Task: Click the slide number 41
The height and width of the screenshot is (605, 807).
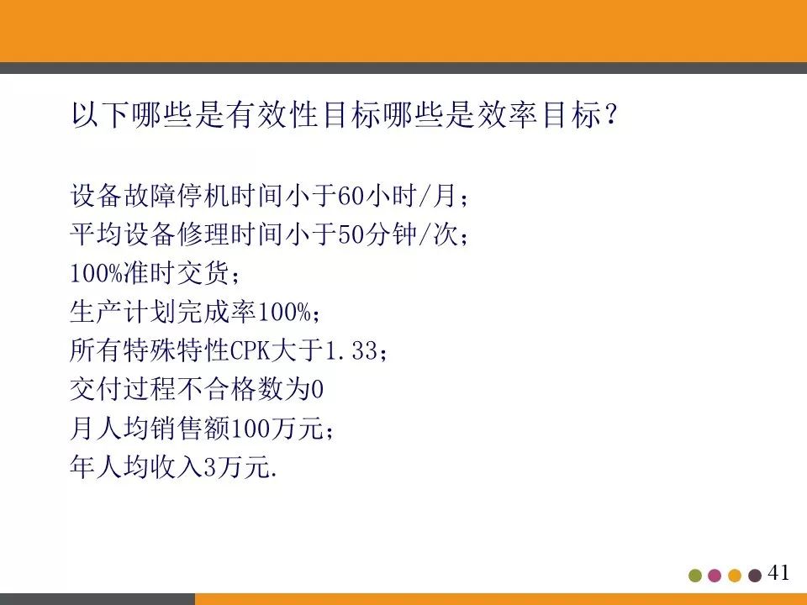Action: [779, 573]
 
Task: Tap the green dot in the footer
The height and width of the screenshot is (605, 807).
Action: [695, 576]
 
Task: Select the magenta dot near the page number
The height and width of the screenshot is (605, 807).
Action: [715, 576]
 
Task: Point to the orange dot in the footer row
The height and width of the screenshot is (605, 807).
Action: [735, 576]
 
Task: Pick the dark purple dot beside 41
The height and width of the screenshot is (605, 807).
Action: [755, 576]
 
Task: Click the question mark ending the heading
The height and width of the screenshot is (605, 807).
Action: [611, 117]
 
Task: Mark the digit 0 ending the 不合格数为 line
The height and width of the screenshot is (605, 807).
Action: [316, 390]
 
